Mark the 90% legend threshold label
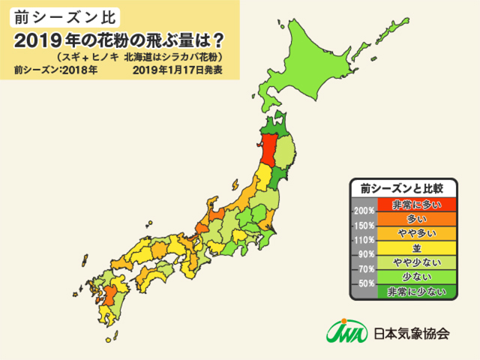(x=366, y=254)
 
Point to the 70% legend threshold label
(x=366, y=269)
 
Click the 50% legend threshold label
(x=366, y=283)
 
